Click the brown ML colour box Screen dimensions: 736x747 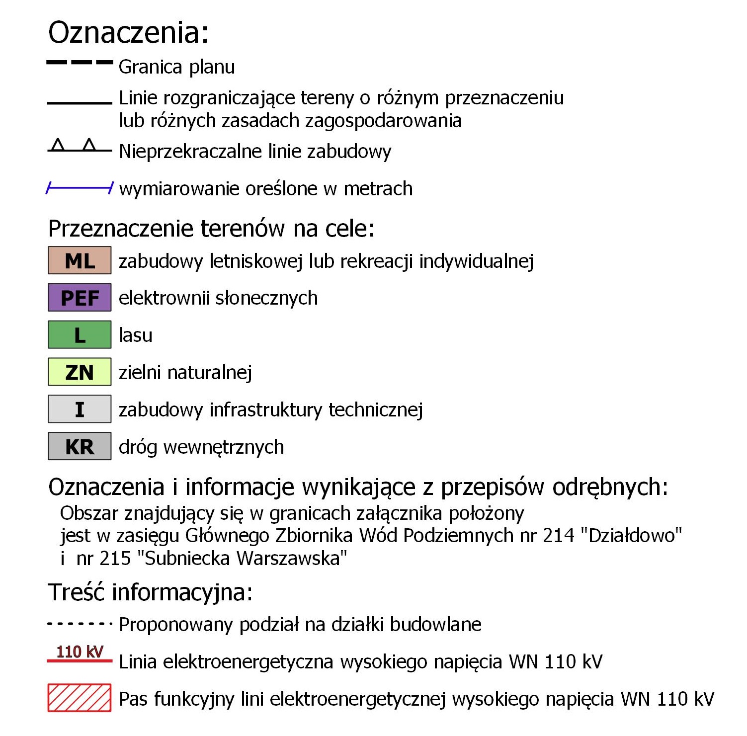pos(80,260)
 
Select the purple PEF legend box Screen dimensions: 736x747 pos(80,298)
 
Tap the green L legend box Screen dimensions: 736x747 pos(80,335)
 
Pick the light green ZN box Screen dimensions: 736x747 pos(80,372)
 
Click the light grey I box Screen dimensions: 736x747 pos(80,409)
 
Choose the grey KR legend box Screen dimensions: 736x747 pos(80,446)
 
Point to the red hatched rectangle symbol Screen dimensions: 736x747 pos(80,698)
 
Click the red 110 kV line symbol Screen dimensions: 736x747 pos(80,661)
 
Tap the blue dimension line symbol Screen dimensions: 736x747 pos(80,188)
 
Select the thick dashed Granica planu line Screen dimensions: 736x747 pos(80,63)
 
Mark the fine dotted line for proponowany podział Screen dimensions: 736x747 pos(80,624)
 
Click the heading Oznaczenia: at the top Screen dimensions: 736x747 pos(128,33)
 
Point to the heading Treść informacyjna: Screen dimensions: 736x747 pos(150,592)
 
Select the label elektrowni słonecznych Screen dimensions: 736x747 pos(218,298)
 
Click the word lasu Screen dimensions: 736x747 pos(136,335)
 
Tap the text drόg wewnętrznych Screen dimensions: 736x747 pos(201,447)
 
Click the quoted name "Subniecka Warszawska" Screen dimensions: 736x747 pos(245,559)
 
